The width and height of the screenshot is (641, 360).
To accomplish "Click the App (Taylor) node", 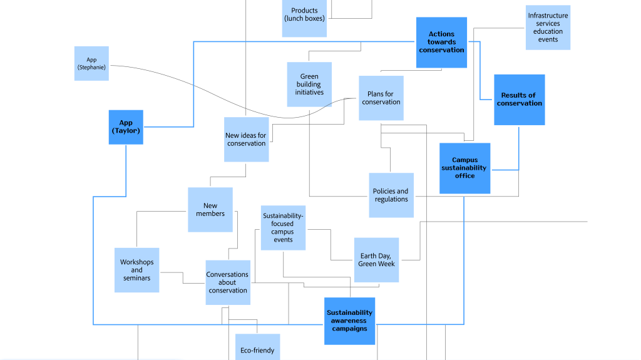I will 126,127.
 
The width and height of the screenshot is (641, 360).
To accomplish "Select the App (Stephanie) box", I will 91,63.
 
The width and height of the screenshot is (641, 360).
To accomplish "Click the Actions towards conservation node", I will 441,42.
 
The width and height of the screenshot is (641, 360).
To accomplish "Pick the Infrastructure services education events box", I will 548,28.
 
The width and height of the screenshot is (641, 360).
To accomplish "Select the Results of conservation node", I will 519,100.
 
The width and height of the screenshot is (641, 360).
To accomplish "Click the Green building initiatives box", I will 309,85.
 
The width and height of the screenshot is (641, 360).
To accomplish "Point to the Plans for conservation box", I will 381,98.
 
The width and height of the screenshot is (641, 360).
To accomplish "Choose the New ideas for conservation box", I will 247,140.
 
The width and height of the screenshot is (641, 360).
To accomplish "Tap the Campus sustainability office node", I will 464,168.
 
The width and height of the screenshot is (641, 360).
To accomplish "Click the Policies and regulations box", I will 391,195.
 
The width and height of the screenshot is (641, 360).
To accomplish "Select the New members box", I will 210,210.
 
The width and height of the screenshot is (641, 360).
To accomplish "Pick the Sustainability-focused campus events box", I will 283,228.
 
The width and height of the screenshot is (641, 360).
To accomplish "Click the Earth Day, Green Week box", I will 376,260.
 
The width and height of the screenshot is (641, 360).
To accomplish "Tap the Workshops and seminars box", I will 136,270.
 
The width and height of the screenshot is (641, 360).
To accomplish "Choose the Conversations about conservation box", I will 228,282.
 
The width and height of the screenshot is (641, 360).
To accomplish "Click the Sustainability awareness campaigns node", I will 349,321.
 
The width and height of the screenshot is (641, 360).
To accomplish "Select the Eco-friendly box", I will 257,348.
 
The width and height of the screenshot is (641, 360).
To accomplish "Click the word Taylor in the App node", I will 126,131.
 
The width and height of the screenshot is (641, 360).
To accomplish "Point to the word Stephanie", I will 91,67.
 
